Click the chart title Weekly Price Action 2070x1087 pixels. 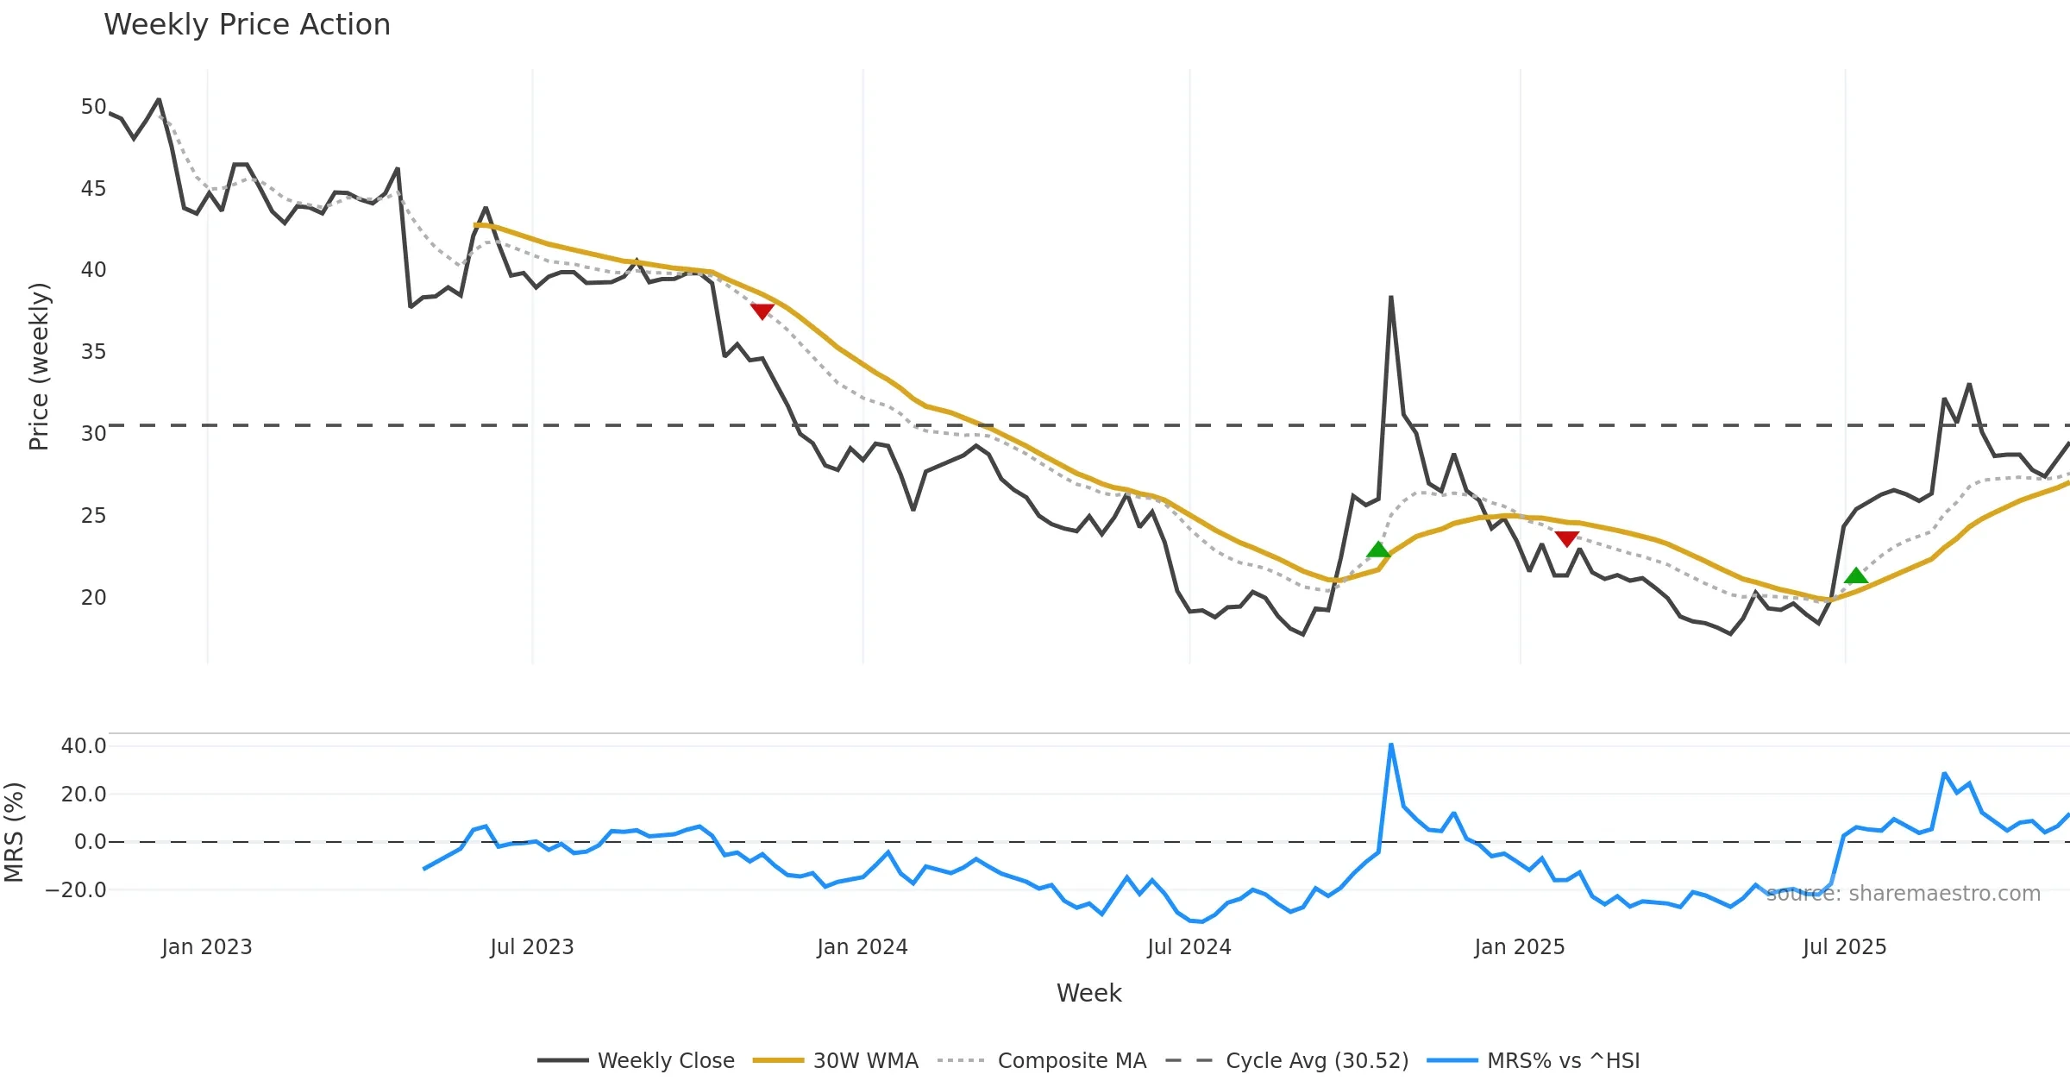(247, 25)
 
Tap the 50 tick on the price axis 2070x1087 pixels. (93, 107)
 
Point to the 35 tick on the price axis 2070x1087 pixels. (93, 352)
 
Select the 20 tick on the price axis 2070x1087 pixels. (93, 597)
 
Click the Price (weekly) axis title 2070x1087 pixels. (40, 367)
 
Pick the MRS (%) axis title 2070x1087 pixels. (15, 832)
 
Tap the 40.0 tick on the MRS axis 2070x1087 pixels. (84, 746)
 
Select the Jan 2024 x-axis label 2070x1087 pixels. (862, 947)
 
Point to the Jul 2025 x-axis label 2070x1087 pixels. (1844, 947)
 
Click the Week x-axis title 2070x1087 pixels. (1088, 994)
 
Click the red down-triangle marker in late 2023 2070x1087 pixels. (762, 311)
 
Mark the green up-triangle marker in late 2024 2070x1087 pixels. (1378, 550)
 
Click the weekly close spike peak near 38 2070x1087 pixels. (1391, 298)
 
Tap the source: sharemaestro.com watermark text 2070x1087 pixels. (1904, 894)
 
